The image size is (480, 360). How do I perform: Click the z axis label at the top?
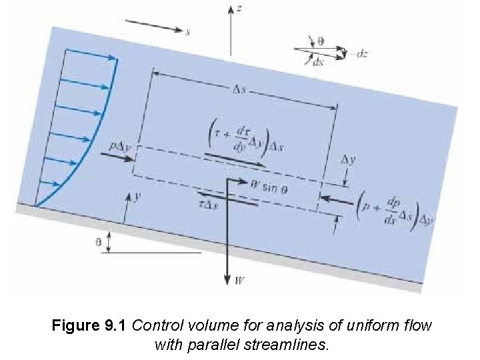239,10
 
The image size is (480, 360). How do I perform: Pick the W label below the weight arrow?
239,281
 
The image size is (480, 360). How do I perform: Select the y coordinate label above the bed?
137,197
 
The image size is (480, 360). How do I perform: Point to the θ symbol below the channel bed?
99,243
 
